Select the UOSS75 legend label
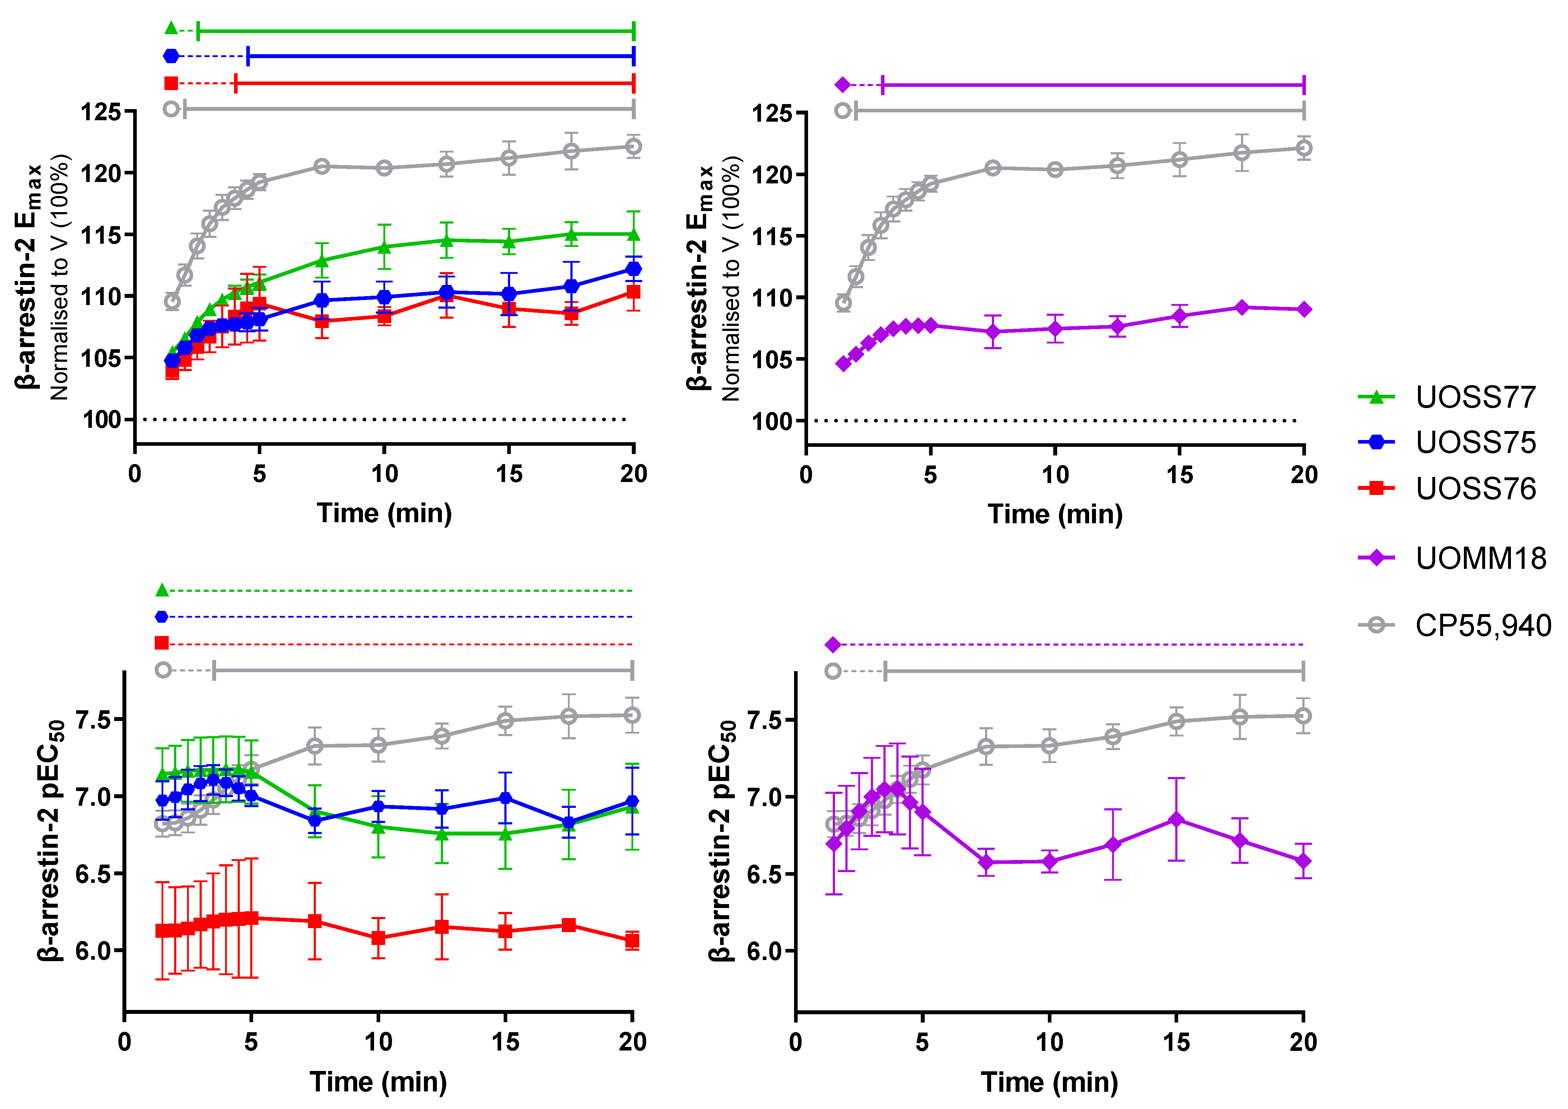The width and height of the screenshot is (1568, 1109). pos(1475,443)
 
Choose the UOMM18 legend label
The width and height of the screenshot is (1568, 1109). pos(1480,558)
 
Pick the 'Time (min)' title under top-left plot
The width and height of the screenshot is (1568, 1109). pos(384,513)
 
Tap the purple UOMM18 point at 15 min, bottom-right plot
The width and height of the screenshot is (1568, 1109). pos(1176,819)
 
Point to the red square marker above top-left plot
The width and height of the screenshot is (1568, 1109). pos(172,83)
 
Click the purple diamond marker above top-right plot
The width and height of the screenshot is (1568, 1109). pos(843,85)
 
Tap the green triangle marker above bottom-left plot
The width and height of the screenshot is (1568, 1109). pos(162,589)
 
